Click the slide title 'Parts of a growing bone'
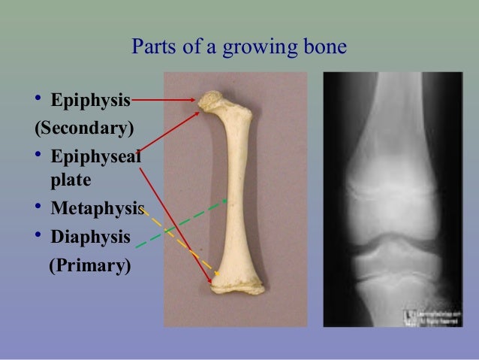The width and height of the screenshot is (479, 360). click(x=239, y=47)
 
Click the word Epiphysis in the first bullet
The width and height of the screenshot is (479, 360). click(x=91, y=101)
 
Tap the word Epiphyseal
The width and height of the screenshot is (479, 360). click(x=95, y=156)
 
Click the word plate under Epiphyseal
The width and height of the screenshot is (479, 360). click(x=71, y=180)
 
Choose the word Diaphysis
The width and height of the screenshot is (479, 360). click(x=90, y=237)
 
